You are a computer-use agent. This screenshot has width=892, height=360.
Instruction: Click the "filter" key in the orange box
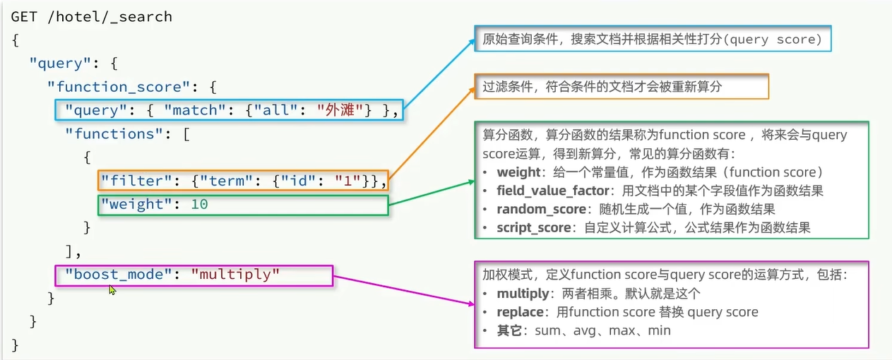[132, 181]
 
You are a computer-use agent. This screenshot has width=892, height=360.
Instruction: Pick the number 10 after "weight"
[200, 205]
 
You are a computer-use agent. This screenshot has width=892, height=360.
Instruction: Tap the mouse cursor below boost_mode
[112, 289]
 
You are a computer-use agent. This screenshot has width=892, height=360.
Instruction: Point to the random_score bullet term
[541, 209]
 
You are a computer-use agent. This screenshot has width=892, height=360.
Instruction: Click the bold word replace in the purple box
[521, 312]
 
